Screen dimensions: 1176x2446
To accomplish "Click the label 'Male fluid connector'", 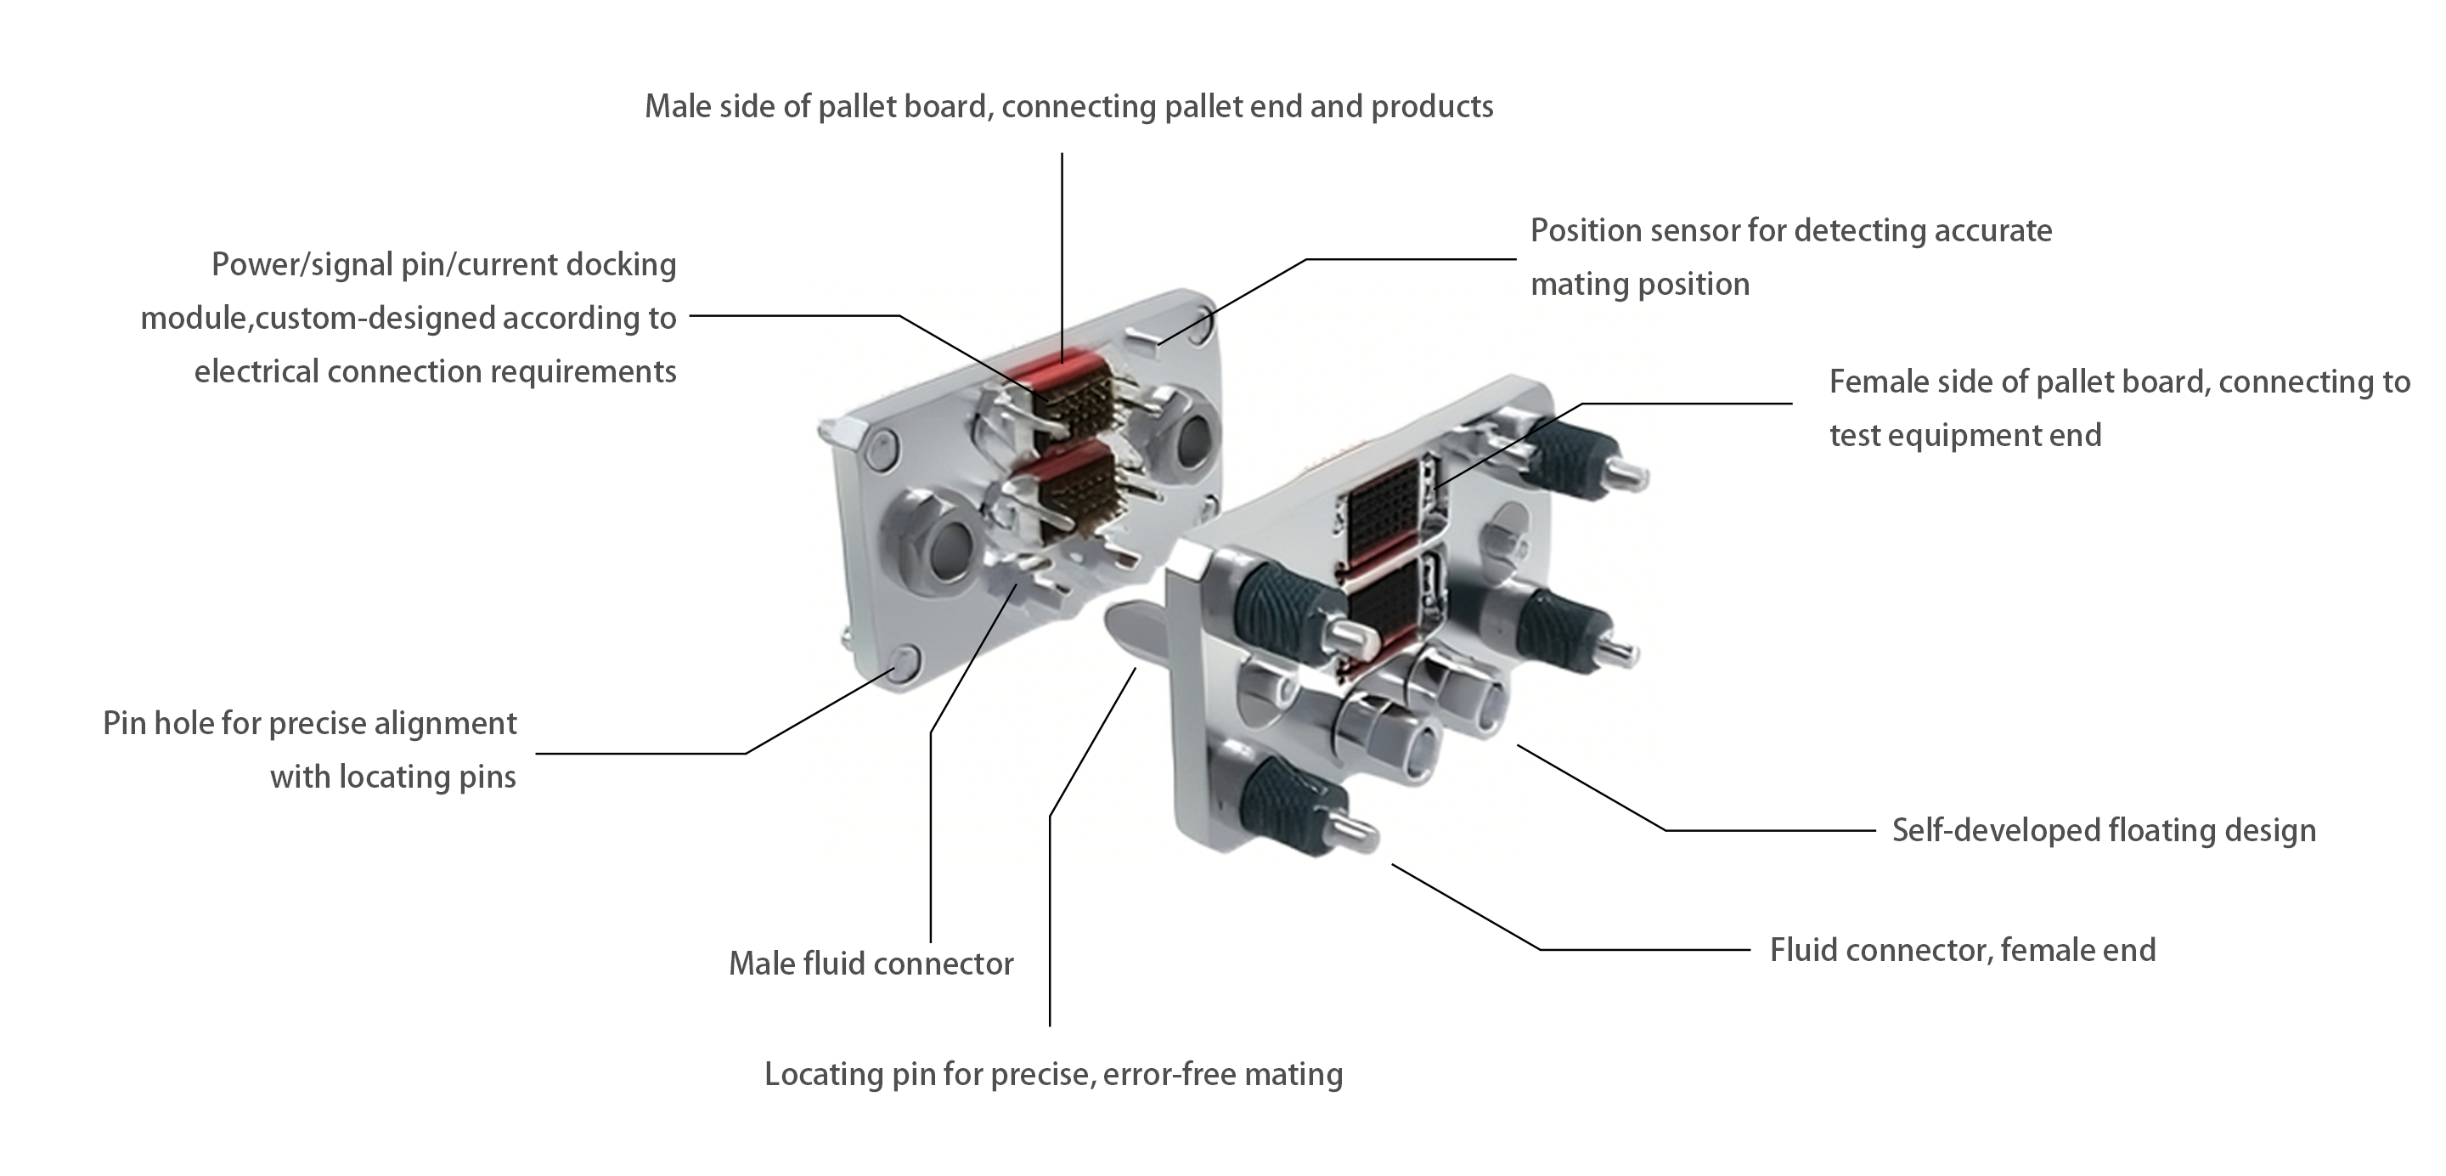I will coord(871,964).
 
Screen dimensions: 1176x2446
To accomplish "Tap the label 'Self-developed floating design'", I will coord(2103,830).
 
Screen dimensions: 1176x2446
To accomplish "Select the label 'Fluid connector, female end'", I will coord(1962,950).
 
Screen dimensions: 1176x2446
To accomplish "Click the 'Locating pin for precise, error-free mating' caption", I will coord(1053,1074).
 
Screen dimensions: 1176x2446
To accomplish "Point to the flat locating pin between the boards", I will coord(1135,631).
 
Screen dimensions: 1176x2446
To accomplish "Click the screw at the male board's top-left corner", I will coord(884,446).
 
